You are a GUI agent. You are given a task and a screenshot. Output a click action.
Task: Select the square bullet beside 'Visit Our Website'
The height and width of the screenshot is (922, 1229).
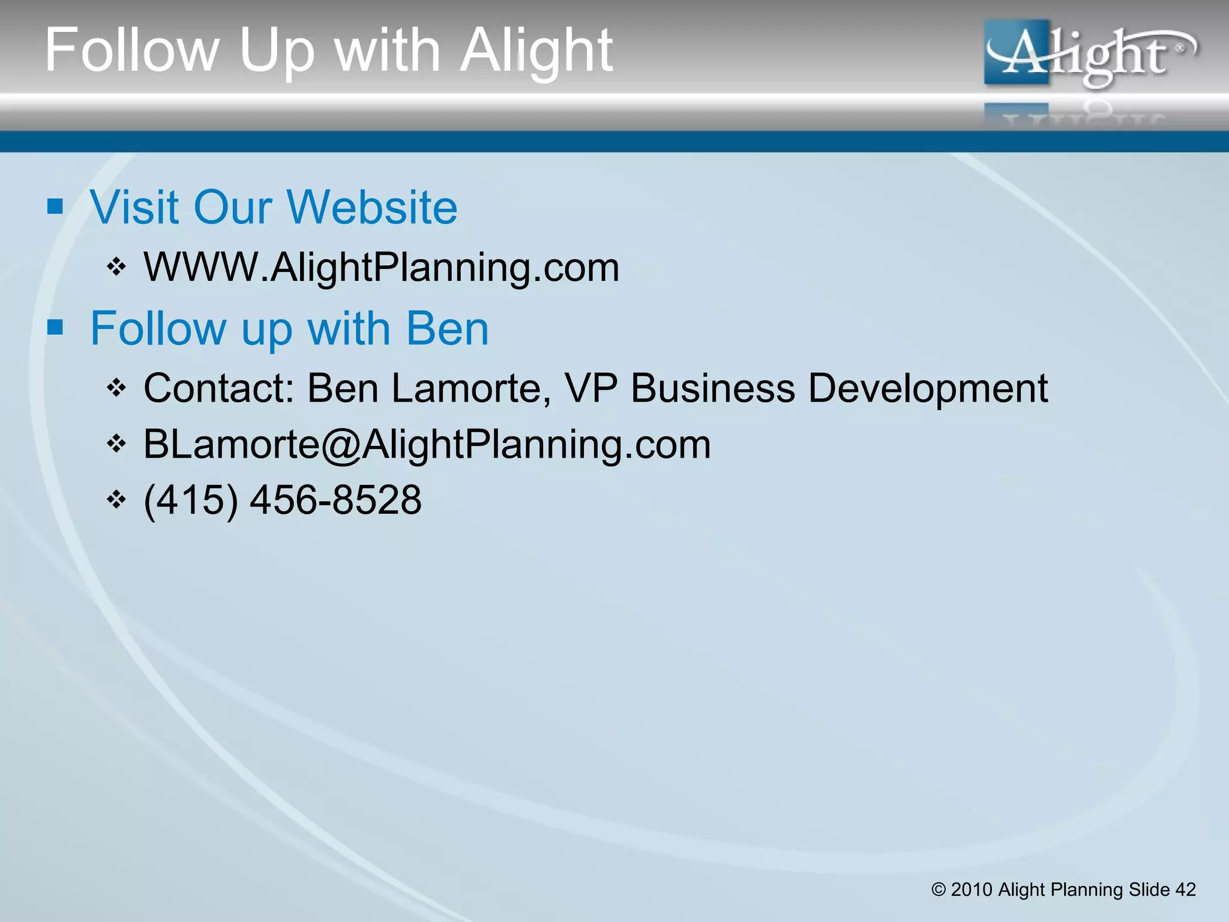tap(55, 207)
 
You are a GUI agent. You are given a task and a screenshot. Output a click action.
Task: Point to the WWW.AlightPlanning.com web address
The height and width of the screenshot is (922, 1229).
tap(382, 267)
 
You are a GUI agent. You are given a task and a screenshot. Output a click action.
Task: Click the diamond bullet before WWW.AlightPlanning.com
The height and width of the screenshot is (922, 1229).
tap(116, 266)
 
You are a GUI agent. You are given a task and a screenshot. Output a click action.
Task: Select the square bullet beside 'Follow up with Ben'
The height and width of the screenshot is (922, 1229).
tap(55, 328)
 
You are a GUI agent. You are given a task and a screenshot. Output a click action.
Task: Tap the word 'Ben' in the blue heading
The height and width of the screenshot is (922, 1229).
tap(448, 328)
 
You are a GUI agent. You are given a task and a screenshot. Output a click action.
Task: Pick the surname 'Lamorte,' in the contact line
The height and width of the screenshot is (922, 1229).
tap(471, 388)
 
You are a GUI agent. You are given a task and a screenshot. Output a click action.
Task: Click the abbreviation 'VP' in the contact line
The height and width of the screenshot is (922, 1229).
tap(591, 388)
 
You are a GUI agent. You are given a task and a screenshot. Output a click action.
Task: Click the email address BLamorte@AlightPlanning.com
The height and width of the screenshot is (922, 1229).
tap(427, 445)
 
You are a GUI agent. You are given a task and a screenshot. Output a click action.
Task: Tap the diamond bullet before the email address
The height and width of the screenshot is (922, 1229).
tap(116, 444)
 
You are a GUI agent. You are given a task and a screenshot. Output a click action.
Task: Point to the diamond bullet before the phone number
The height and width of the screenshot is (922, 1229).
tap(116, 499)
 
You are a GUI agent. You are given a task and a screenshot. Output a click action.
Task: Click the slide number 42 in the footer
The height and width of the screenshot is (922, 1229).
tap(1185, 889)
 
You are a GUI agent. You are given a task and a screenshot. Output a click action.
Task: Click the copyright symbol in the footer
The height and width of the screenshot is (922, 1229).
tap(939, 890)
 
